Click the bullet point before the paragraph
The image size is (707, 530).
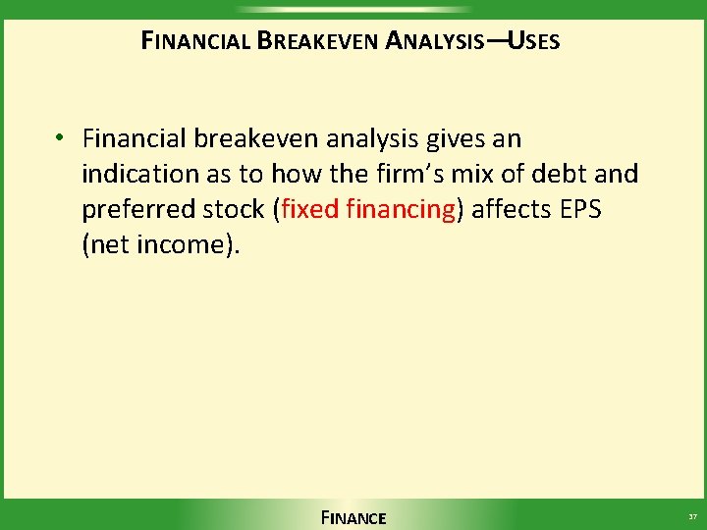tap(60, 138)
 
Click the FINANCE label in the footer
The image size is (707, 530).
tap(353, 517)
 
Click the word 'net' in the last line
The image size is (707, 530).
tap(110, 244)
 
